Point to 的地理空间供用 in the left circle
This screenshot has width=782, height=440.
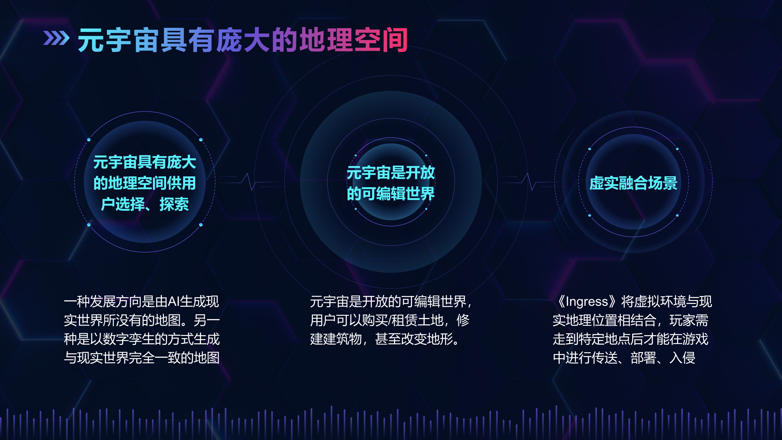(145, 183)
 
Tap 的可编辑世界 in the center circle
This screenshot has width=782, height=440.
(391, 193)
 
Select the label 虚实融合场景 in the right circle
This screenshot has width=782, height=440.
(634, 183)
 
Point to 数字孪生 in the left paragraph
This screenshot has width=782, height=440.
(129, 339)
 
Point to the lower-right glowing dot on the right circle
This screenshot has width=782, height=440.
(677, 215)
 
